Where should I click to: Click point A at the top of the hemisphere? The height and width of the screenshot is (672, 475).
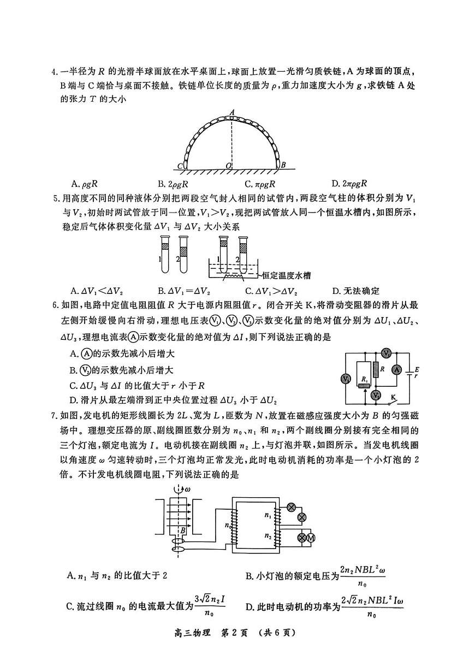(x=231, y=111)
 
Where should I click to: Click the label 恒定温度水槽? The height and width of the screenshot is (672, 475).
(x=292, y=275)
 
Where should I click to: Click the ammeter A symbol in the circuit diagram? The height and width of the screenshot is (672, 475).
(x=397, y=370)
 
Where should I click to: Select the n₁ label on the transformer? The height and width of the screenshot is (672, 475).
(x=268, y=515)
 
